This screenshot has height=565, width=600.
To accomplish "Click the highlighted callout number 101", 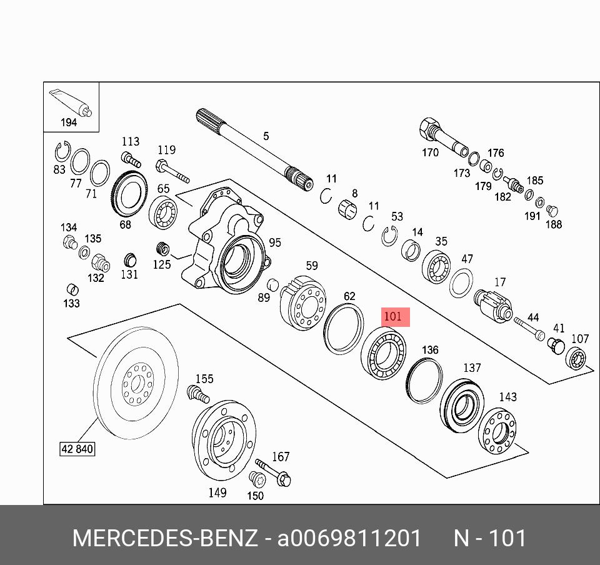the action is tap(393, 317).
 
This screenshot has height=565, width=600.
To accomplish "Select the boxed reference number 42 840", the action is tap(77, 449).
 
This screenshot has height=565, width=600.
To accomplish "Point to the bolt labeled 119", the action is tap(172, 172).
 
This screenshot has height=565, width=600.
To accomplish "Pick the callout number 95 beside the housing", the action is tap(275, 242).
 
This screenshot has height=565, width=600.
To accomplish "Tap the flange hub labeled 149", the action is tap(224, 440).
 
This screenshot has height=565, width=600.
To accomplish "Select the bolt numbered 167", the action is tap(273, 472).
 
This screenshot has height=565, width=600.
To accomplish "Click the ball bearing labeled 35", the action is tap(436, 267).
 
